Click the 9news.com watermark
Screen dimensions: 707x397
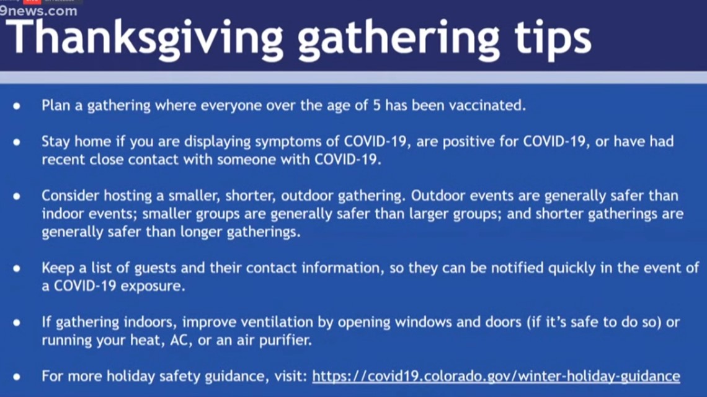click(x=39, y=11)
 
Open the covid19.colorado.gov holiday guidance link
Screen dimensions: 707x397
click(x=496, y=376)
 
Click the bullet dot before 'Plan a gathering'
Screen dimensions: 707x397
click(x=17, y=107)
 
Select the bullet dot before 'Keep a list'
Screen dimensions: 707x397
click(x=17, y=269)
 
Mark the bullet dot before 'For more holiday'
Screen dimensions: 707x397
click(x=17, y=377)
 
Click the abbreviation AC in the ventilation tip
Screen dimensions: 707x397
click(x=179, y=340)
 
